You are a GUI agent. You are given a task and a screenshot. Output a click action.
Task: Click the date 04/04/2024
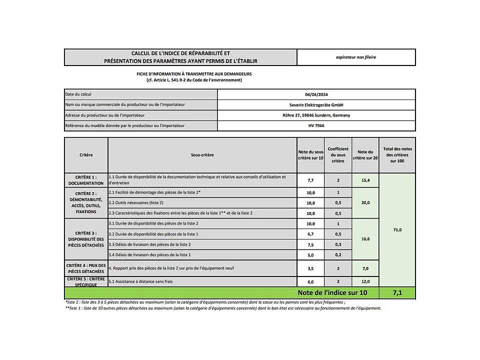[x=316, y=94]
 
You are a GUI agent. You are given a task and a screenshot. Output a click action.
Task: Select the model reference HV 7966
[x=316, y=125]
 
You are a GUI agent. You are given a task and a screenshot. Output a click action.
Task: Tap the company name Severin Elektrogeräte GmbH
[x=316, y=105]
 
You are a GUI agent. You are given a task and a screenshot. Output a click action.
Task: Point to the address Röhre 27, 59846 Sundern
[x=316, y=115]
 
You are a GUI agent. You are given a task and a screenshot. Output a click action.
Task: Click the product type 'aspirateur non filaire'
[x=356, y=57]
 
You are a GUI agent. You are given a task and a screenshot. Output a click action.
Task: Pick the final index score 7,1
[x=397, y=293]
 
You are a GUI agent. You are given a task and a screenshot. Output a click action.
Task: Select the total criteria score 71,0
[x=397, y=229]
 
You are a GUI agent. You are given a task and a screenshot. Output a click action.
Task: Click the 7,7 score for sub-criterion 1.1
[x=310, y=180]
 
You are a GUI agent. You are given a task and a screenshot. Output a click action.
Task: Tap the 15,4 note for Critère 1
[x=365, y=180]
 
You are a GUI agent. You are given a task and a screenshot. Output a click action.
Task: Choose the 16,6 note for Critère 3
[x=365, y=239]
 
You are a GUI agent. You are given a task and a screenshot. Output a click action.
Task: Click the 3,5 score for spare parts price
[x=310, y=268]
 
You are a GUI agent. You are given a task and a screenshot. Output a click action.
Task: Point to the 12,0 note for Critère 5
[x=365, y=282]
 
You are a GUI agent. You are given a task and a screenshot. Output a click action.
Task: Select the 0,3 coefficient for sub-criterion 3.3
[x=338, y=244]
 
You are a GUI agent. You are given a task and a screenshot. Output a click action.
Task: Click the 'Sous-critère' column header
[x=202, y=155]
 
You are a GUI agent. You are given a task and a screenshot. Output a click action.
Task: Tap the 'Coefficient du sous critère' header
[x=338, y=155]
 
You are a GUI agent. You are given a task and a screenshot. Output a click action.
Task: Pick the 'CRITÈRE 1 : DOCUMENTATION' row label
[x=86, y=180]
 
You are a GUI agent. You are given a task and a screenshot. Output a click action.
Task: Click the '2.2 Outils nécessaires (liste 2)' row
[x=136, y=202]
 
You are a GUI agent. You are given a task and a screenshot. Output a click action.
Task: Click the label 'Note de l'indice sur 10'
[x=332, y=293]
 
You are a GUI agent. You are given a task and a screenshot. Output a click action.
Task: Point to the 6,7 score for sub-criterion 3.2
[x=310, y=234]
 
